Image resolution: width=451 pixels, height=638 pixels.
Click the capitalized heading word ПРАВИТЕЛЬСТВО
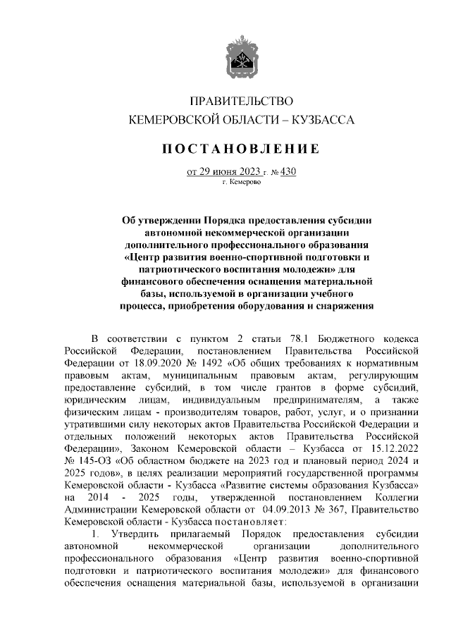[x=242, y=103]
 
